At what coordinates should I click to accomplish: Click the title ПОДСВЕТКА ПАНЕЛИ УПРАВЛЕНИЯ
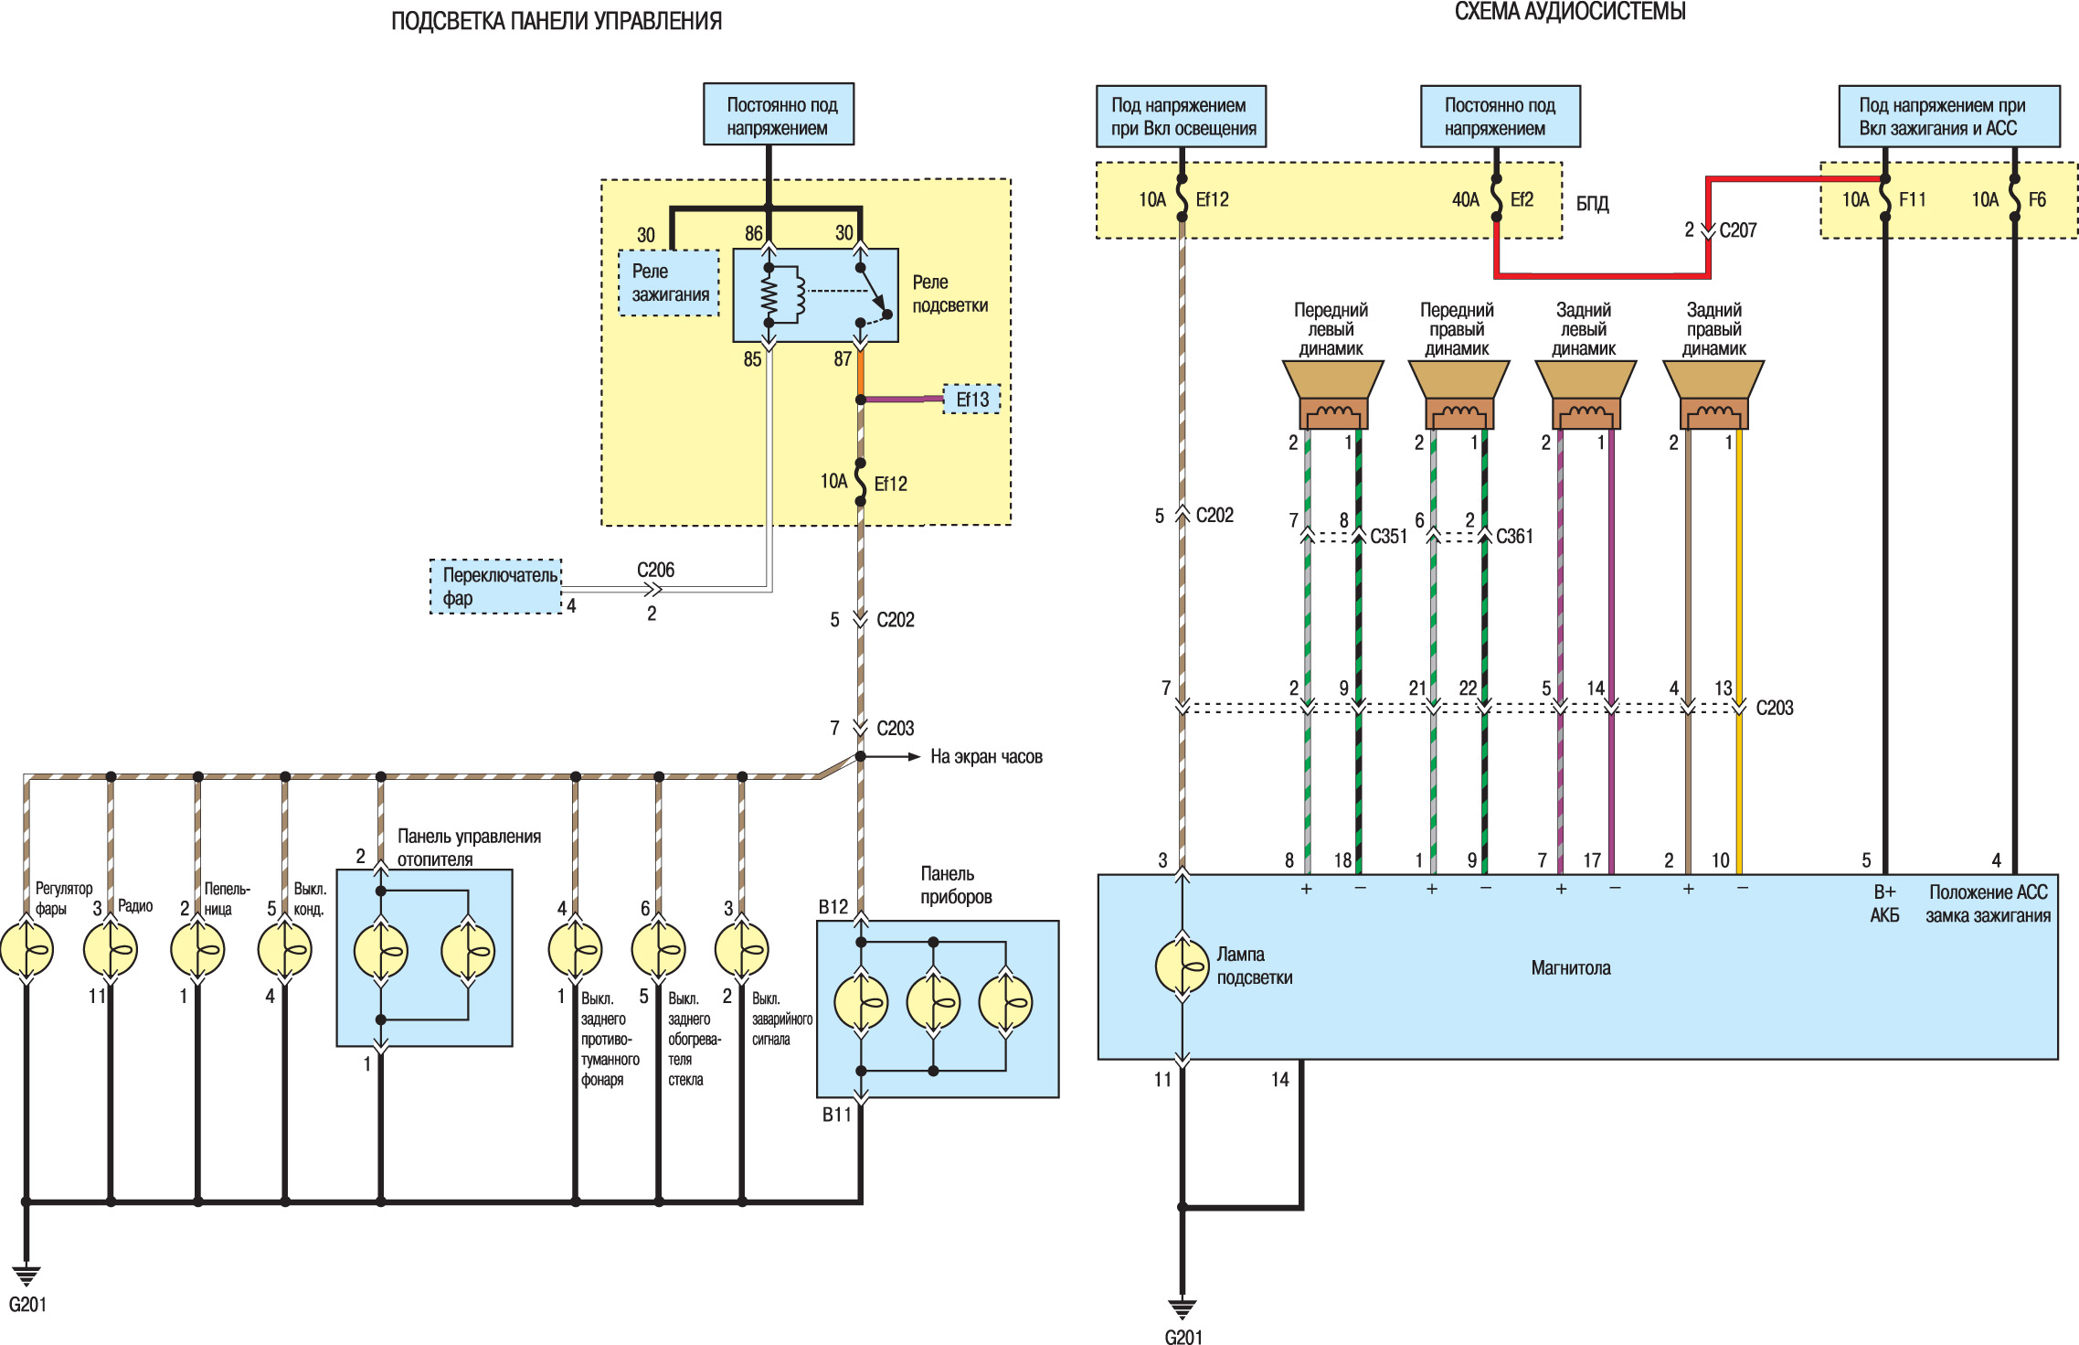click(557, 21)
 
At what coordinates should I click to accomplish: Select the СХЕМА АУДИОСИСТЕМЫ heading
click(1570, 12)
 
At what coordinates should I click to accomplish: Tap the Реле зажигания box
click(670, 283)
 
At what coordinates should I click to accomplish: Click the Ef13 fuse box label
click(972, 400)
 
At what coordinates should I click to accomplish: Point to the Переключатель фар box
click(496, 586)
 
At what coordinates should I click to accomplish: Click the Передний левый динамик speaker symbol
click(1333, 394)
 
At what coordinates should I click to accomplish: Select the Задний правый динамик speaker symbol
click(1713, 394)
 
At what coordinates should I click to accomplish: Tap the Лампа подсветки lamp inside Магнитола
click(1183, 967)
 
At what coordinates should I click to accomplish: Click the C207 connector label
click(1738, 230)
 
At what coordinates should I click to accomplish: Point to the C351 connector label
click(1388, 537)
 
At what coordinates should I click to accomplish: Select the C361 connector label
click(1514, 537)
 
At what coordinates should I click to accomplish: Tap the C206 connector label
click(655, 570)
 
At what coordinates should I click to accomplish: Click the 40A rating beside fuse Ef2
click(1466, 199)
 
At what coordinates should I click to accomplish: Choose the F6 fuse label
click(2037, 199)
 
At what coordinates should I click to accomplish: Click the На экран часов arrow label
click(986, 757)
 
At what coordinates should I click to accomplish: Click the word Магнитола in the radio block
click(1571, 968)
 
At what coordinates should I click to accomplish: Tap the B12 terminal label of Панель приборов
click(833, 907)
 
